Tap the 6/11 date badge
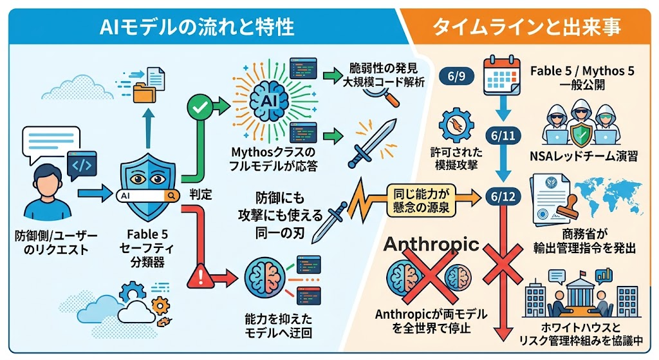coord(503,135)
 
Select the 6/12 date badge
coord(503,196)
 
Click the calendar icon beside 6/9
coord(502,76)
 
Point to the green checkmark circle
coord(200,108)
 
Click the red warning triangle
coord(201,276)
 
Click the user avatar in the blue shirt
coord(48,192)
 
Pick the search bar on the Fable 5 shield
coord(147,196)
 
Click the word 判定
coord(201,194)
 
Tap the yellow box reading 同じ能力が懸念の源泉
coord(421,200)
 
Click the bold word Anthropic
coord(431,244)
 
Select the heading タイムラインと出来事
coord(526,26)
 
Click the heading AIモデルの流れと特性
coord(197,26)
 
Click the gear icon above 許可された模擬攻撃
coord(456,125)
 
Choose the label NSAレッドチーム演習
coord(583,156)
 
